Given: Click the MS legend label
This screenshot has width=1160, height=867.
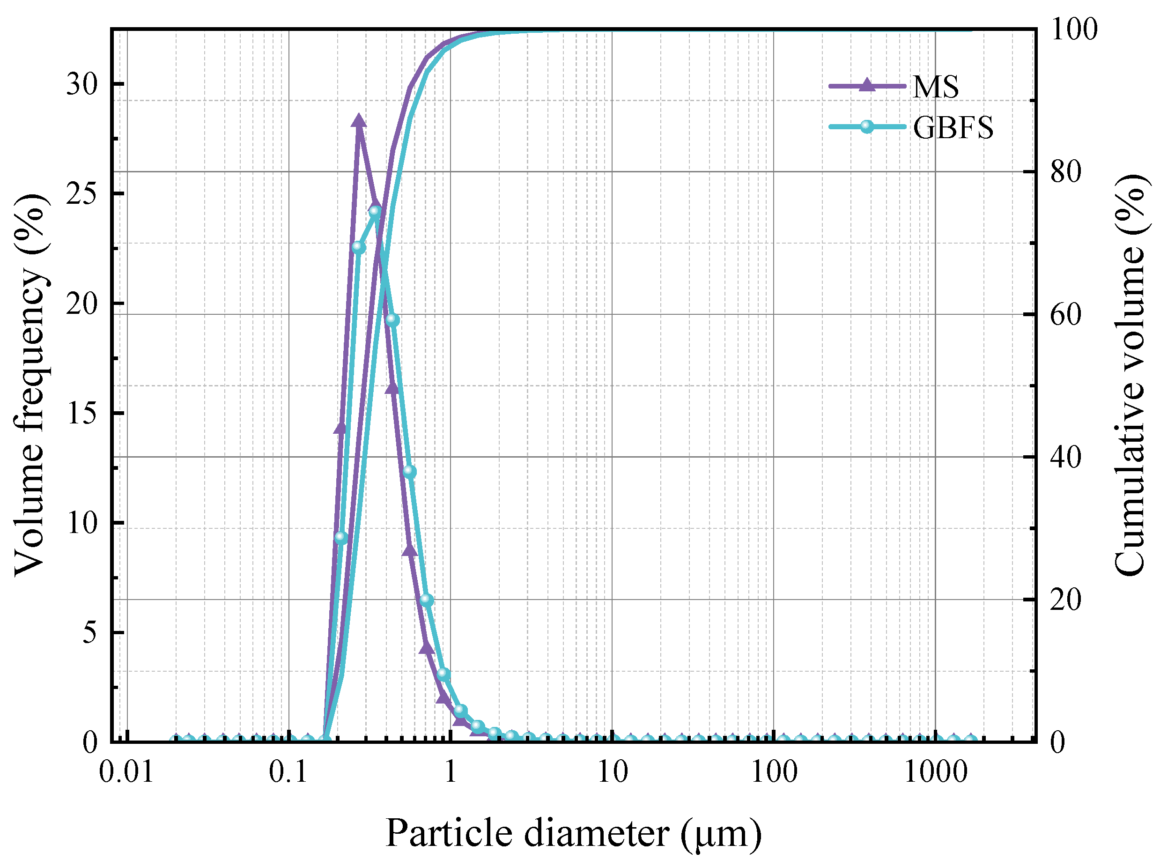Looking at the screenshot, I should (x=936, y=87).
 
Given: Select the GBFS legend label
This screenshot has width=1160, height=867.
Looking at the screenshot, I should (x=953, y=127).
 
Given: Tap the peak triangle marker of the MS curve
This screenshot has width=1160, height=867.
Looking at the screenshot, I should (x=359, y=121).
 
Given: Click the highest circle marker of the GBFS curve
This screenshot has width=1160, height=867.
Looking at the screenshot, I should (x=375, y=211).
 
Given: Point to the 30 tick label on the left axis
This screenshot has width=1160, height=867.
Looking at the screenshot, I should (x=82, y=84).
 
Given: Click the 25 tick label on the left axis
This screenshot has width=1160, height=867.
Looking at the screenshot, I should (x=82, y=193).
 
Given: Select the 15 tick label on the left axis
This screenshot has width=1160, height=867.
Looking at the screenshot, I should (x=82, y=413).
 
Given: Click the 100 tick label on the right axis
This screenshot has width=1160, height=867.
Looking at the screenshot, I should (x=1074, y=30).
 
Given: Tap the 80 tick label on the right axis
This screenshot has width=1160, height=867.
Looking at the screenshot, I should (x=1065, y=171).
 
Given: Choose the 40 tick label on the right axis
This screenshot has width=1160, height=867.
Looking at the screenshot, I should (x=1065, y=457).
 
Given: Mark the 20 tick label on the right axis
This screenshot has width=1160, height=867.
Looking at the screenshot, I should (x=1065, y=599).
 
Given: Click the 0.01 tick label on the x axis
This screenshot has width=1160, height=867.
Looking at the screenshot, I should (x=126, y=772).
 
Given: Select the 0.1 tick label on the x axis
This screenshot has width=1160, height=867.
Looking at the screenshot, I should (x=288, y=772).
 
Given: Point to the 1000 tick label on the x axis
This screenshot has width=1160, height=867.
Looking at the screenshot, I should (x=936, y=772).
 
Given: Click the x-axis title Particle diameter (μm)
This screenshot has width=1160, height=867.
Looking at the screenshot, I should (x=574, y=833).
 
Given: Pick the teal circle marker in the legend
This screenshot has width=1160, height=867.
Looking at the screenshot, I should (x=867, y=126).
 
